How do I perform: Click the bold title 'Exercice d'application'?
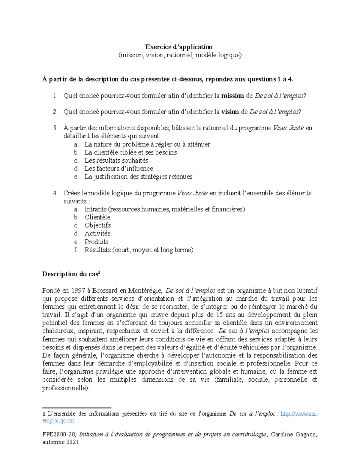pos(179,47)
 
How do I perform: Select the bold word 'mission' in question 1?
pos(232,96)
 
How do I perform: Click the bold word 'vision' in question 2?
pos(230,112)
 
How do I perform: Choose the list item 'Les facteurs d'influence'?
pos(118,168)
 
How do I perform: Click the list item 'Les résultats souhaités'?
pos(116,160)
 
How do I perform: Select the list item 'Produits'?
pos(96,242)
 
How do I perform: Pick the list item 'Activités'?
pos(97,233)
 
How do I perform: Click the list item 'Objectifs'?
pos(97,225)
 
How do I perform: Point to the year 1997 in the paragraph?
pos(78,290)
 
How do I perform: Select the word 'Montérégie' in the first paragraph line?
pos(145,290)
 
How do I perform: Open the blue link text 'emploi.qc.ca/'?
pos(58,421)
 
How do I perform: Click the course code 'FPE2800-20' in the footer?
pos(60,434)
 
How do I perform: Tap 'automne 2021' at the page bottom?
pos(60,442)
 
